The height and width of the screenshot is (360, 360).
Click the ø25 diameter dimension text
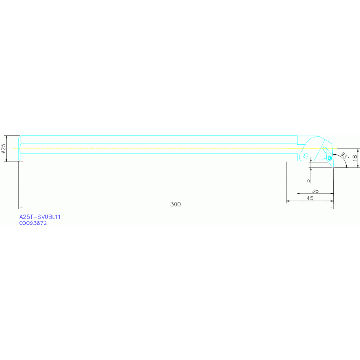[x=4, y=148]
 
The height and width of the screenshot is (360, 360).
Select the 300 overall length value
[x=176, y=204]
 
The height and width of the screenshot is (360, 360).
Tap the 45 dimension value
[x=310, y=199]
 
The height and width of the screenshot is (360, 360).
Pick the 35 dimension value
[x=315, y=191]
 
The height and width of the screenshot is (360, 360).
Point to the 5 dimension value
[x=308, y=180]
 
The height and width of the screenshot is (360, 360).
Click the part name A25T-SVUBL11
[x=40, y=217]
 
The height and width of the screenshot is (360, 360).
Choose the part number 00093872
[x=33, y=223]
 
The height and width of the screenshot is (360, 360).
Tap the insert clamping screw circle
[x=330, y=158]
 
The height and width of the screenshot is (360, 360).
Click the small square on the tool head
[x=306, y=156]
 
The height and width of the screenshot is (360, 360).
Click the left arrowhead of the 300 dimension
[x=20, y=207]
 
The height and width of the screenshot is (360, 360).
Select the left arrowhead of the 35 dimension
[x=298, y=193]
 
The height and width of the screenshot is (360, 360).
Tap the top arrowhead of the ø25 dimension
[x=7, y=137]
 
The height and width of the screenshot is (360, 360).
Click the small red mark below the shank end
[x=21, y=162]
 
